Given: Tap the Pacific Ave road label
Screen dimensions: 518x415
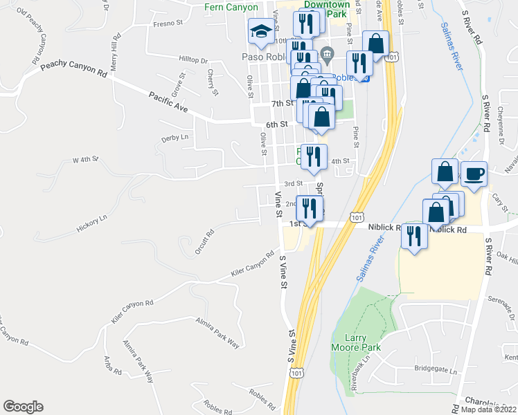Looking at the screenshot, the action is pos(168,104).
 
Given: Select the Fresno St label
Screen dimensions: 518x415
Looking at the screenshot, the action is pos(168,23).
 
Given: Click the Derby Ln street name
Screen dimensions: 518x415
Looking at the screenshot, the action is pos(175,138).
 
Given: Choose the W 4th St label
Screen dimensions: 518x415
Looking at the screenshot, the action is pos(87,160).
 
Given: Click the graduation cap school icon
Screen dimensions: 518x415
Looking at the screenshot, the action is pos(261,30).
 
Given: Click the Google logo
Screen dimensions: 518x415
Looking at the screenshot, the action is pos(23,407).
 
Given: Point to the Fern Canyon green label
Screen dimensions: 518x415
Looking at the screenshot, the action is pos(231,8).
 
